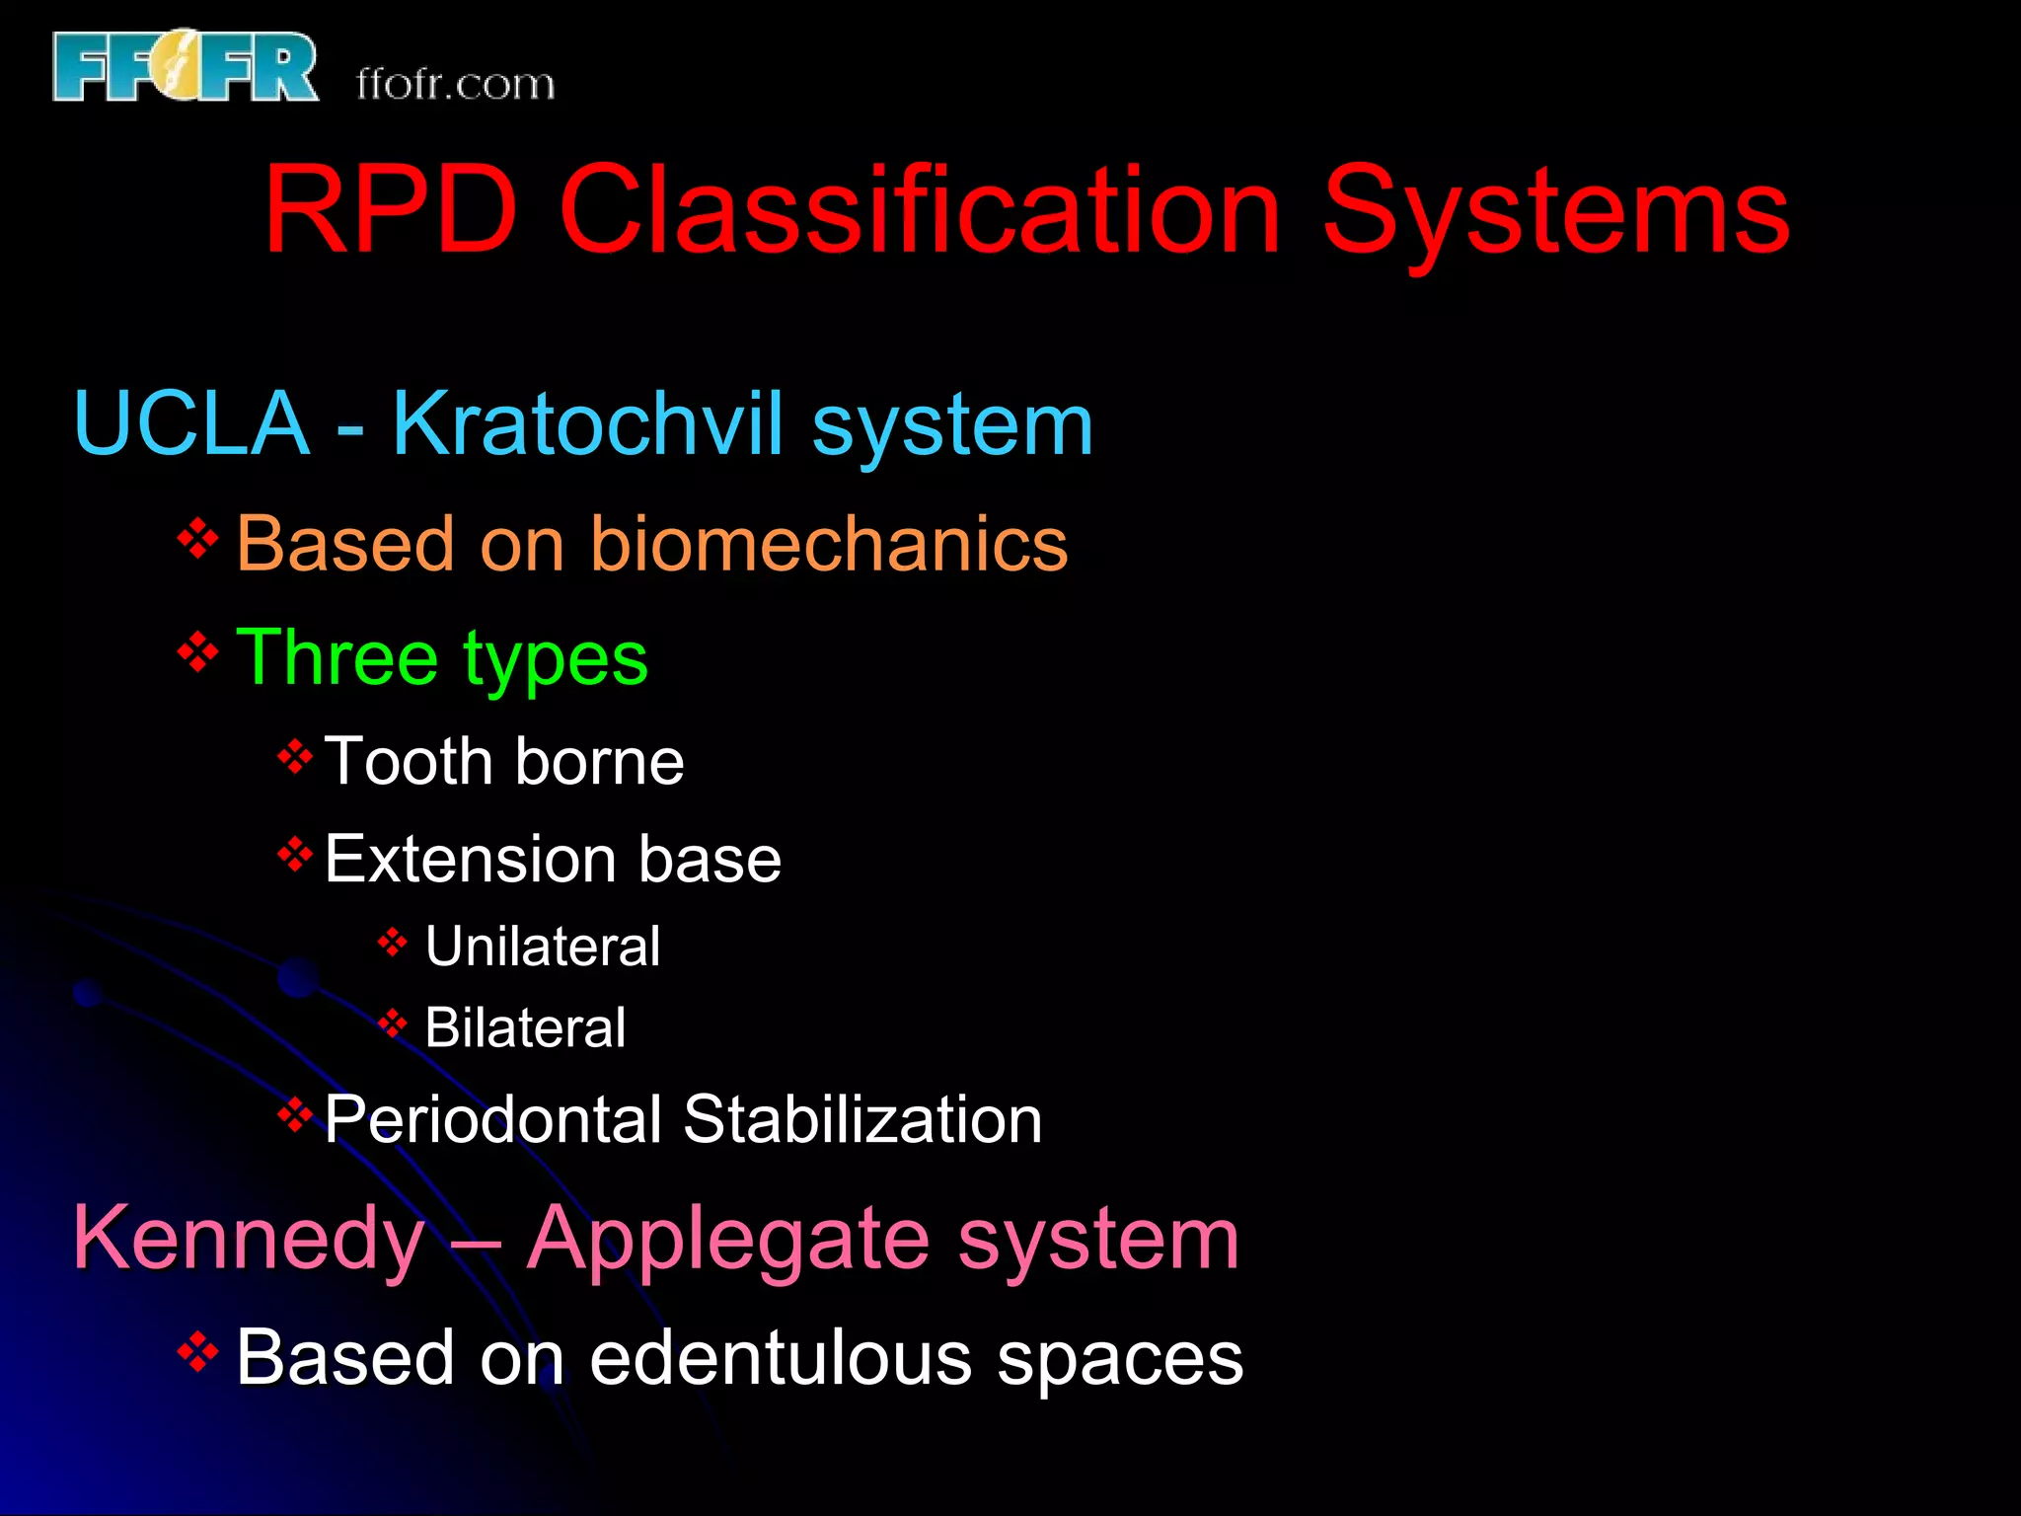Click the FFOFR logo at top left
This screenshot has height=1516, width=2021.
186,66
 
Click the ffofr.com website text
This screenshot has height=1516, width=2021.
455,84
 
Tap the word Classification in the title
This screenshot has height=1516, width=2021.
919,210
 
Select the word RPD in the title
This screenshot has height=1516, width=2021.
391,210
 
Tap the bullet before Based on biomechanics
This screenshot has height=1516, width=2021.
197,539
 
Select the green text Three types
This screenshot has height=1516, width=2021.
441,658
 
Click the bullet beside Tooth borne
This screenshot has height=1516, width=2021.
295,757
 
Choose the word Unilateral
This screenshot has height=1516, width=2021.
542,947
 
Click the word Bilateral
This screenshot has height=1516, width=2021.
525,1027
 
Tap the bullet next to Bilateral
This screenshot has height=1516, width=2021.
392,1023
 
